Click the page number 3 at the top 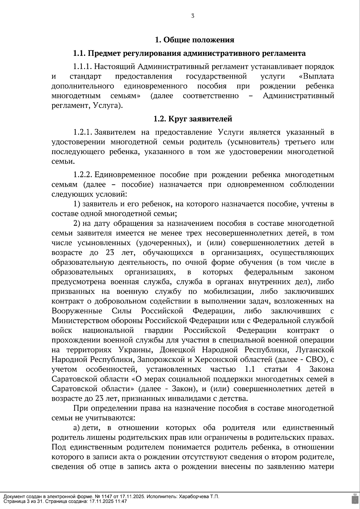coord(193,16)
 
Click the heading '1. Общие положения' coord(194,40)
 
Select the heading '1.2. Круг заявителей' coord(193,119)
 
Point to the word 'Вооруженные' coord(77,311)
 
